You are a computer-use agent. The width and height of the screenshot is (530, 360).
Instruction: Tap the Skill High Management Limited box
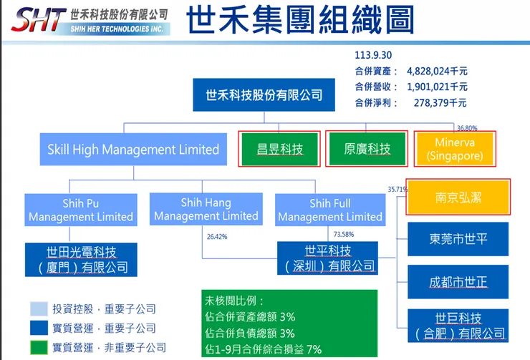133,150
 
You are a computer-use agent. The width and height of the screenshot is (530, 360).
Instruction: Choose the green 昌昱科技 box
280,149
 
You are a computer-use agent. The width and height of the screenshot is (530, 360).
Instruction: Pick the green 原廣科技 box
367,149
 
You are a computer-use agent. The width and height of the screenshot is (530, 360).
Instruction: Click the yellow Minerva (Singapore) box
459,149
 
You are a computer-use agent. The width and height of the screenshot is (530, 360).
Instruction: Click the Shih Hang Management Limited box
206,210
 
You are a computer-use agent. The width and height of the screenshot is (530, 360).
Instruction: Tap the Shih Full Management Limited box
330,210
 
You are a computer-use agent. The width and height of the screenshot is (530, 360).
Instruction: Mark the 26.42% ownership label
216,235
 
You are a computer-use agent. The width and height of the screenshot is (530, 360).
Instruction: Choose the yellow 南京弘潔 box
458,197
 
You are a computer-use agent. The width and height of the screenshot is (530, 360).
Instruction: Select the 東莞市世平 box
458,239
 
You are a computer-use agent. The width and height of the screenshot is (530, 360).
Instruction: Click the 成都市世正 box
458,281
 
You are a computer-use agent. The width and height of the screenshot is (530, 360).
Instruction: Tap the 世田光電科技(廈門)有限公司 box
81,260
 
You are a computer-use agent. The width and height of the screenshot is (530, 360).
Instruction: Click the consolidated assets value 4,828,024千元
437,71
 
